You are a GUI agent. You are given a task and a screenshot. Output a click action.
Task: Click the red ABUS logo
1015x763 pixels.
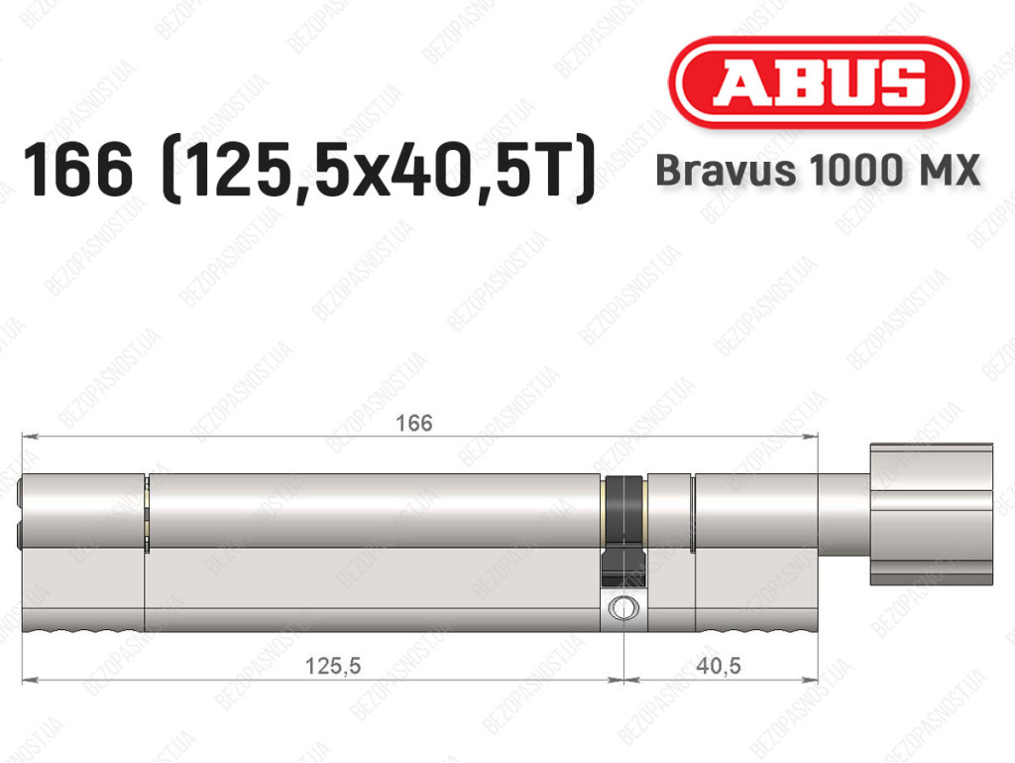[818, 82]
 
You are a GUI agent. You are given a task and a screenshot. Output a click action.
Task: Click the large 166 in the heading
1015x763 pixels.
[77, 171]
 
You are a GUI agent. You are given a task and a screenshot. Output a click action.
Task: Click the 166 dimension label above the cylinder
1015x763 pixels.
[413, 423]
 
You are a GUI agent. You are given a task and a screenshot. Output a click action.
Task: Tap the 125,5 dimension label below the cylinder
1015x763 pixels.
[333, 665]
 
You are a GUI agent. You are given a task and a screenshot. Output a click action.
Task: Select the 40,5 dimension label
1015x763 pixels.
[719, 665]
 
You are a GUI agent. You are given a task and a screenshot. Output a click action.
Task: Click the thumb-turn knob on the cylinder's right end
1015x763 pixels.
[931, 514]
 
